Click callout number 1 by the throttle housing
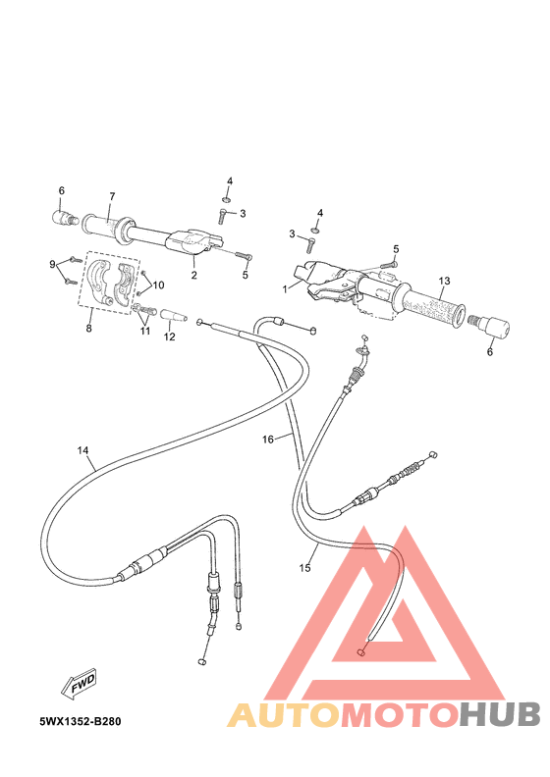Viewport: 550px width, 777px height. [x=285, y=289]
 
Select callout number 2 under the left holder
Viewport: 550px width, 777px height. [x=193, y=276]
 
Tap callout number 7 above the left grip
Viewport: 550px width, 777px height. [x=112, y=196]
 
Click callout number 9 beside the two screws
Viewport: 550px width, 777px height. [x=53, y=265]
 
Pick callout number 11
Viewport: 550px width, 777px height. [x=145, y=331]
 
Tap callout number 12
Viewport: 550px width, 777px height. [x=169, y=337]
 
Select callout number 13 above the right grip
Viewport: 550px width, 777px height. [x=443, y=281]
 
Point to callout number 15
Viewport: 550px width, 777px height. [x=304, y=567]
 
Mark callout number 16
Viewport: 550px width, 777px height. [x=267, y=440]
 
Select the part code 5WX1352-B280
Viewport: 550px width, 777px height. [x=81, y=721]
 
